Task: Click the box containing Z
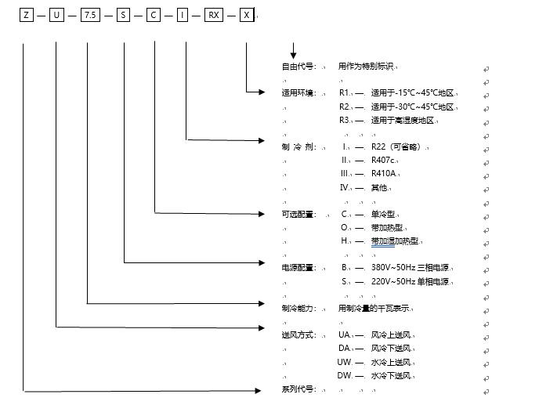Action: point(27,15)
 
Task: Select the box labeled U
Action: point(56,15)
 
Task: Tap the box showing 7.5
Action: point(90,15)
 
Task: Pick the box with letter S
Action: point(125,15)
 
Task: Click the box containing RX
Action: point(213,15)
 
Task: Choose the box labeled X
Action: point(247,15)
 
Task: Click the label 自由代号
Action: point(297,67)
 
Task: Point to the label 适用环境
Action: point(297,93)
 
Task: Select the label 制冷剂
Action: point(296,146)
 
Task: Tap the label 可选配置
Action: point(297,214)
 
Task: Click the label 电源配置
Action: point(297,268)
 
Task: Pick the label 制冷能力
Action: point(297,308)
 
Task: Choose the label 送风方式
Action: point(297,335)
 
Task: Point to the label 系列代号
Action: point(297,389)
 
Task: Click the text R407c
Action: point(385,160)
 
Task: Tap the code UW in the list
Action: point(345,362)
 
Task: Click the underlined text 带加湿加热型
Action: point(395,241)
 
